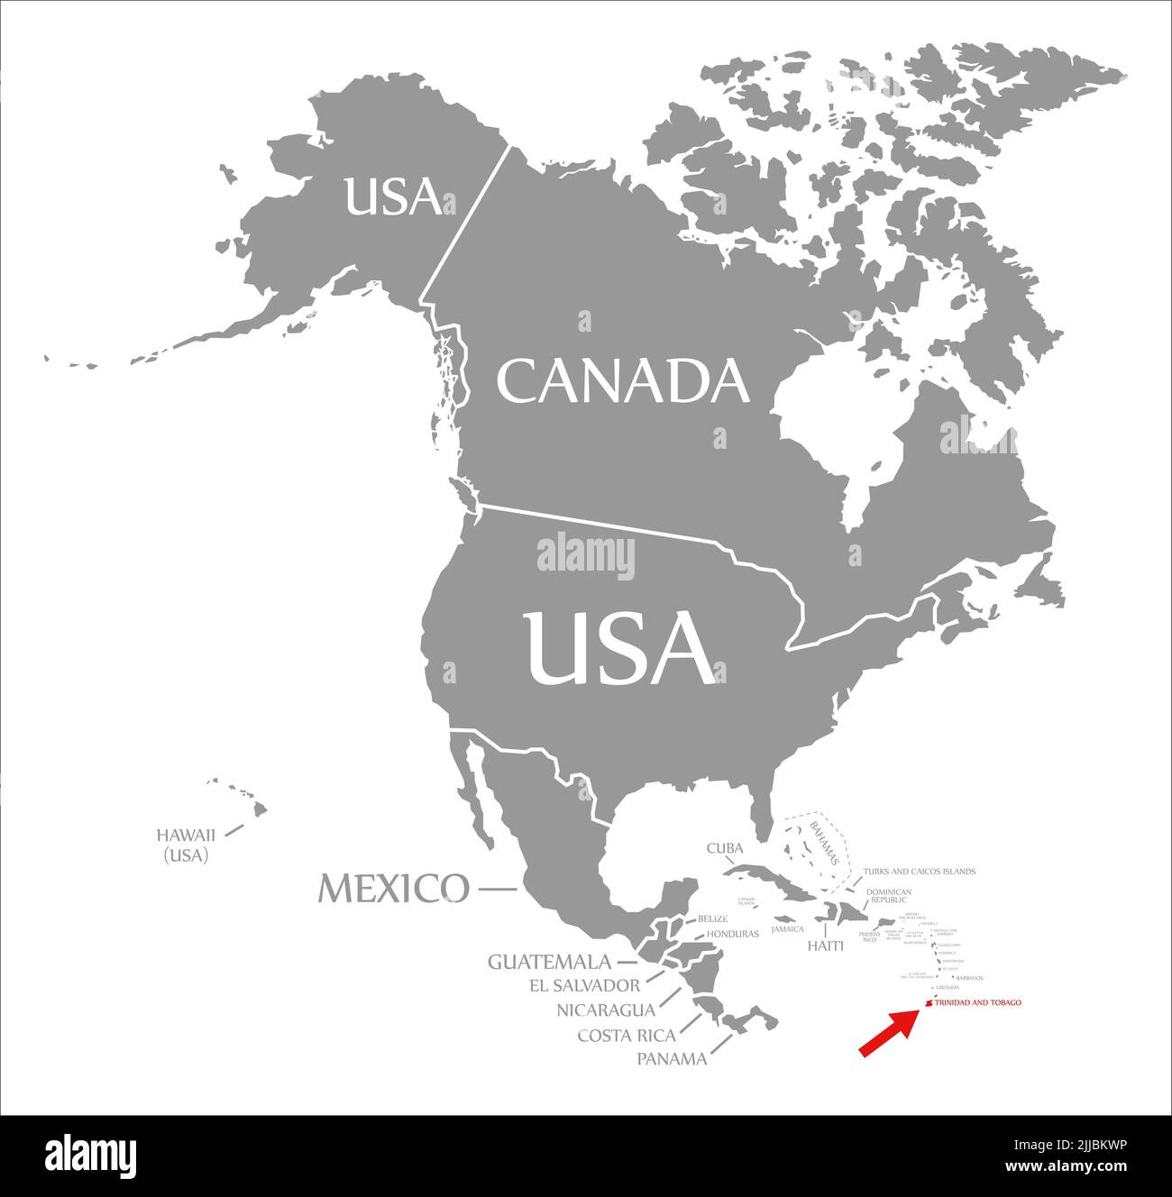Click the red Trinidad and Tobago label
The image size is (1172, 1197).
pos(978,1002)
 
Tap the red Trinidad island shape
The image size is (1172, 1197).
pos(927,1004)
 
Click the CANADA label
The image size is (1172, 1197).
pos(623,380)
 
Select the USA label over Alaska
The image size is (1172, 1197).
pos(393,196)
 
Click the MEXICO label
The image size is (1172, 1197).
pos(394,889)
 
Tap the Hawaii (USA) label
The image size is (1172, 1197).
pos(186,845)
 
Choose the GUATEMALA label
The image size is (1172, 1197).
pos(549,962)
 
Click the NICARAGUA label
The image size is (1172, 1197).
pos(606,1010)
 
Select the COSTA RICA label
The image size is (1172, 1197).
pos(626,1035)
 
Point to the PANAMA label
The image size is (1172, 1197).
pos(672,1059)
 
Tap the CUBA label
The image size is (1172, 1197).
pos(724,848)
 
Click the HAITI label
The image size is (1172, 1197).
pos(825,946)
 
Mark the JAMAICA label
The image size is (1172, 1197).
pos(787,928)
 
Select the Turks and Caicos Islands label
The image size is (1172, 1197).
pos(919,872)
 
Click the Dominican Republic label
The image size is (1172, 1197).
pos(889,895)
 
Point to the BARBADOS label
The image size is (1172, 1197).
pos(969,978)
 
